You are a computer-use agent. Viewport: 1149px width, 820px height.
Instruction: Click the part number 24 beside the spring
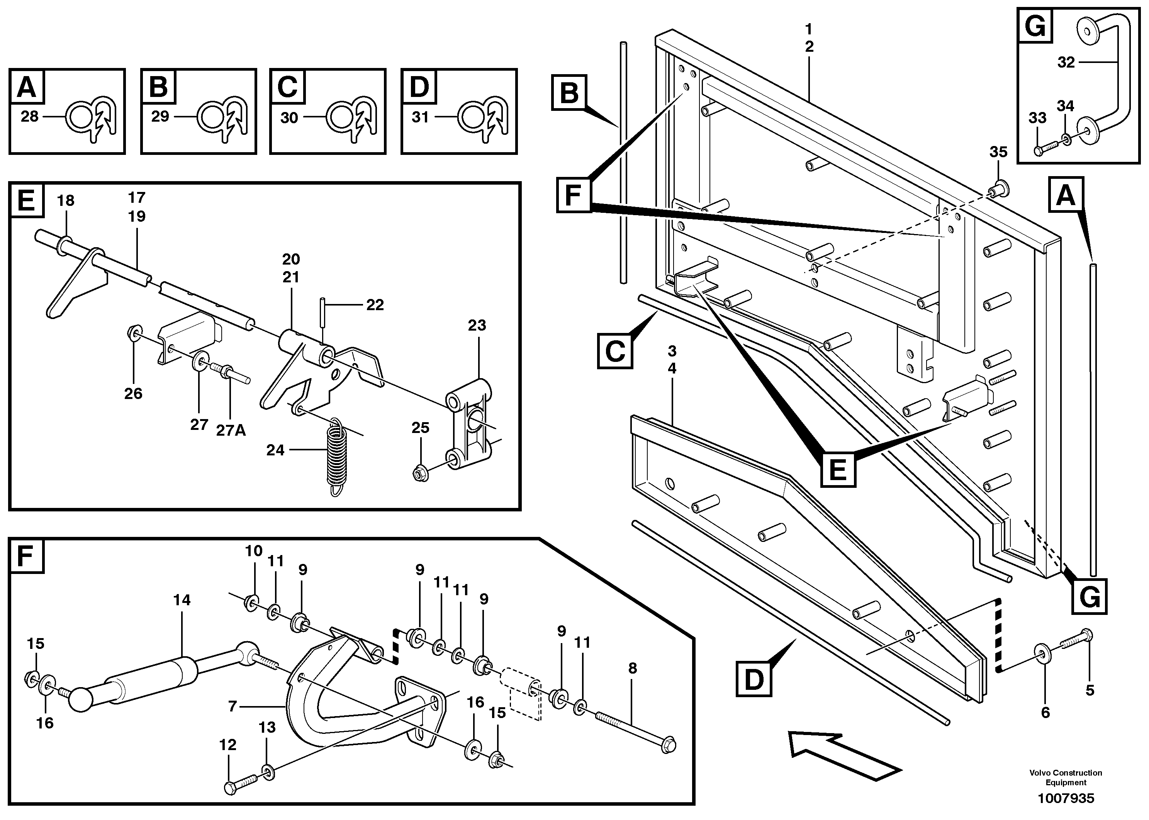coord(275,450)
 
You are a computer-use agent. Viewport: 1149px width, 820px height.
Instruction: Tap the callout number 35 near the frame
coord(998,152)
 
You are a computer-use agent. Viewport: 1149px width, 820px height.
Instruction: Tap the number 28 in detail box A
coord(29,117)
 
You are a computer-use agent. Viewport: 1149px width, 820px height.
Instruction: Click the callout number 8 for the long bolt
coord(632,669)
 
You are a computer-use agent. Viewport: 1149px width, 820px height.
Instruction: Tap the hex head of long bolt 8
coord(669,745)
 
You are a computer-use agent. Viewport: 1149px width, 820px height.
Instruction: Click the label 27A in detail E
coord(231,430)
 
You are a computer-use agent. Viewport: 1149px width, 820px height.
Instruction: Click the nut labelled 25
coord(420,474)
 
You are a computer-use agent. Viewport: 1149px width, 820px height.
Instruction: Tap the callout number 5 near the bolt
coord(1090,690)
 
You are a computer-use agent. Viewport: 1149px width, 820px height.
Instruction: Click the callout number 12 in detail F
coord(228,745)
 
